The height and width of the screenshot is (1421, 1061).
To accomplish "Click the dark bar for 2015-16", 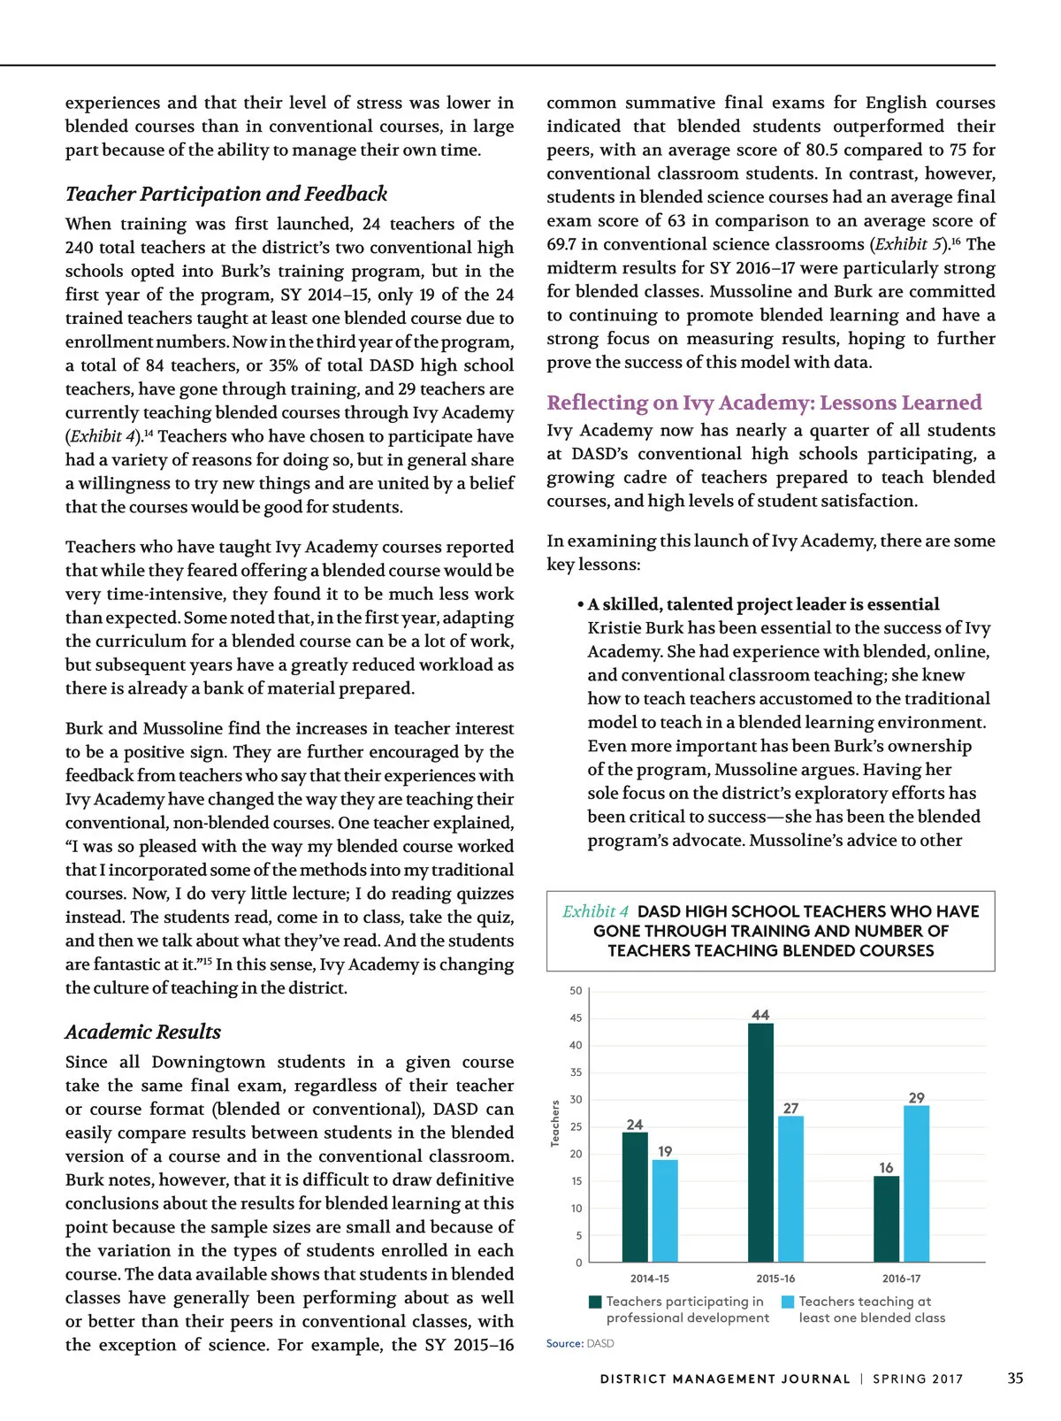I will pyautogui.click(x=760, y=1142).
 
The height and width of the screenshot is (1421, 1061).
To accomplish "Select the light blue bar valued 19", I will pyautogui.click(x=665, y=1210).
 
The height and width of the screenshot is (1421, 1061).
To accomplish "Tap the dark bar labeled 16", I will pyautogui.click(x=886, y=1218).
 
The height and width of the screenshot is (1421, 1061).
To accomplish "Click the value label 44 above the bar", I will pyautogui.click(x=760, y=1015).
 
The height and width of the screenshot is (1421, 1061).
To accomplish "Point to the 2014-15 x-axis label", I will pyautogui.click(x=650, y=1279).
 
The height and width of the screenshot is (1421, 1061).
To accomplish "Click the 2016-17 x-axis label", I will pyautogui.click(x=901, y=1279).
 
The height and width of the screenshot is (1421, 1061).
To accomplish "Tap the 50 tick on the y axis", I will pyautogui.click(x=576, y=991).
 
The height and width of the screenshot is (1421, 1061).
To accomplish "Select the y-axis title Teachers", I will pyautogui.click(x=555, y=1124).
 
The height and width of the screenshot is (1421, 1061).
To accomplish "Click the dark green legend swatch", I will pyautogui.click(x=595, y=1302).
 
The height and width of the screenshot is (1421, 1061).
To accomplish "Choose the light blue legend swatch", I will pyautogui.click(x=788, y=1302).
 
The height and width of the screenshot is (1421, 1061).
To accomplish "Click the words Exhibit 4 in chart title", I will pyautogui.click(x=595, y=911).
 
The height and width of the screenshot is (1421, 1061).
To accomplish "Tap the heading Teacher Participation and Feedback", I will pyautogui.click(x=226, y=194).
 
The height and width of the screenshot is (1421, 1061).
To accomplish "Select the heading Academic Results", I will pyautogui.click(x=143, y=1032).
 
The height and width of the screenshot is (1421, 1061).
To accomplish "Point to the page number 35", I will pyautogui.click(x=1015, y=1379).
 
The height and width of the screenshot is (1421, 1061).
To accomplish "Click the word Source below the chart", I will pyautogui.click(x=563, y=1343).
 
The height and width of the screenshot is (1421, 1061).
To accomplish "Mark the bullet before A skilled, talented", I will pyautogui.click(x=580, y=604).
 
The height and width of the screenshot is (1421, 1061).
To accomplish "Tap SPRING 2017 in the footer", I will pyautogui.click(x=918, y=1379).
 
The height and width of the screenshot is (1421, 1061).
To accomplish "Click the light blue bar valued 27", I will pyautogui.click(x=790, y=1188).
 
